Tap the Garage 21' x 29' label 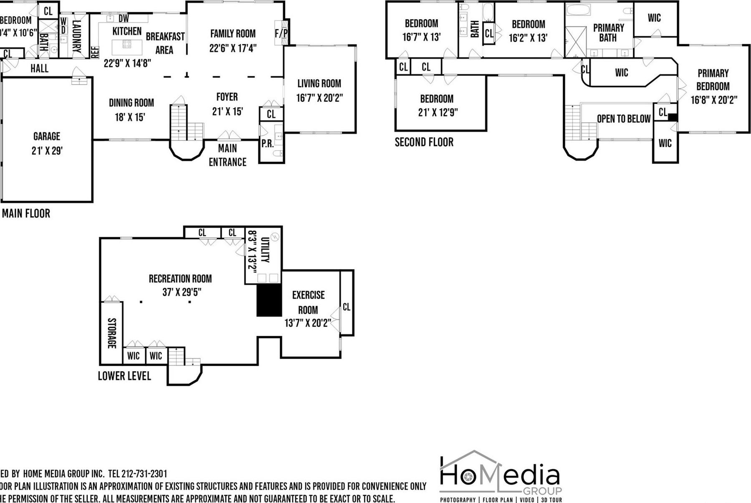47,143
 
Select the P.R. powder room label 267,143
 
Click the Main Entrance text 228,155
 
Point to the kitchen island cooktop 127,44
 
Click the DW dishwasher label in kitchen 124,19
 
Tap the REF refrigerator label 95,52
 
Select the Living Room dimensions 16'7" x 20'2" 319,98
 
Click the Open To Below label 624,119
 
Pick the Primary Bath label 608,33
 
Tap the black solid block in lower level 269,300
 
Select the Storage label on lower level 112,333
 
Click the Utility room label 265,249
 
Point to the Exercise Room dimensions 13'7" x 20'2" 308,323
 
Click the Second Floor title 424,142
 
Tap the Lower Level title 124,376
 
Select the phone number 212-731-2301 144,474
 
